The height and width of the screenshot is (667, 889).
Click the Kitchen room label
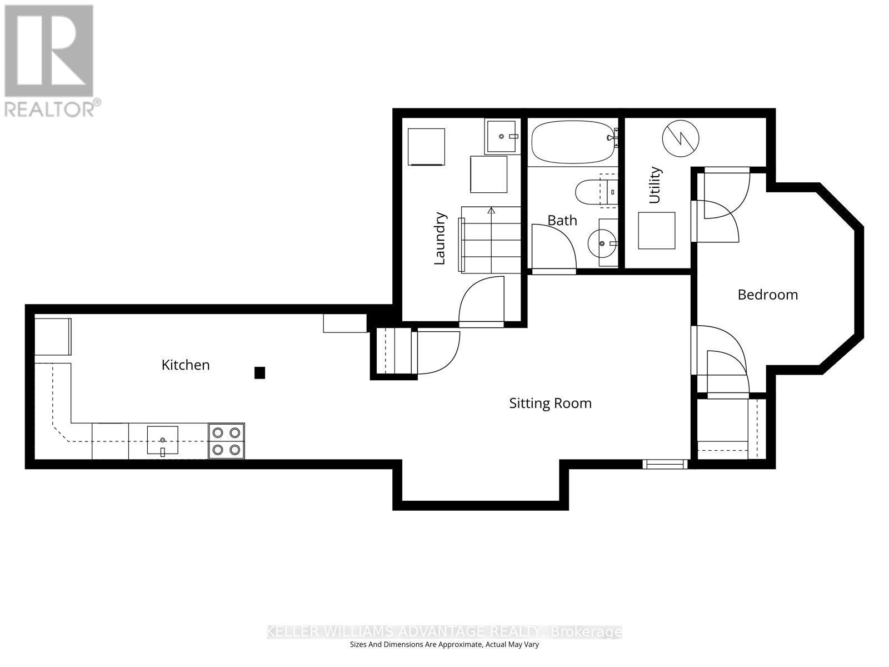point(186,365)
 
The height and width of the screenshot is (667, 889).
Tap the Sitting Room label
point(550,403)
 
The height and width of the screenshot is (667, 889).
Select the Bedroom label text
point(767,295)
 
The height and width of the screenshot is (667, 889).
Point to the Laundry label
point(439,238)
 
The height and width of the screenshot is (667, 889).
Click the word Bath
point(562,221)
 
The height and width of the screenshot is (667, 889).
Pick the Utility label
point(655,185)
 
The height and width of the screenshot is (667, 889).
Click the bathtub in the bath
point(572,142)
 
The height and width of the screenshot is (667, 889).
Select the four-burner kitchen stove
point(227,441)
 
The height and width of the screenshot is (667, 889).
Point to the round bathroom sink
point(602,243)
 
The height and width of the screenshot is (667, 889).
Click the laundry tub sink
point(502,136)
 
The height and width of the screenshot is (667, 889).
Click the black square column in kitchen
point(259,372)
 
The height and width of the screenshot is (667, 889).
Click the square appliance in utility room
point(656,230)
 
